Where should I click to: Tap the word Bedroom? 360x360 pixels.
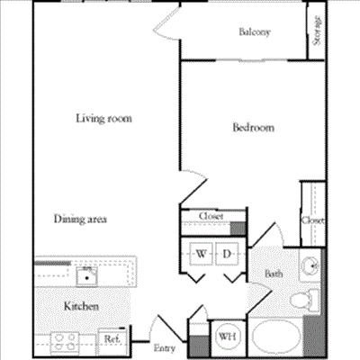(253, 128)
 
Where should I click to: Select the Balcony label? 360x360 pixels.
(255, 33)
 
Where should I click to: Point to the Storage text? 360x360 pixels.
(319, 31)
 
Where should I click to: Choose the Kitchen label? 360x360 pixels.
(80, 307)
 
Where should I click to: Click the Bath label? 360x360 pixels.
(274, 274)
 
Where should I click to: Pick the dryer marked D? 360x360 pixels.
(228, 256)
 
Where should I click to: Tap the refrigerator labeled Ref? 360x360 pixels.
(112, 339)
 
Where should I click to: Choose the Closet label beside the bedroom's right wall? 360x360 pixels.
(312, 220)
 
